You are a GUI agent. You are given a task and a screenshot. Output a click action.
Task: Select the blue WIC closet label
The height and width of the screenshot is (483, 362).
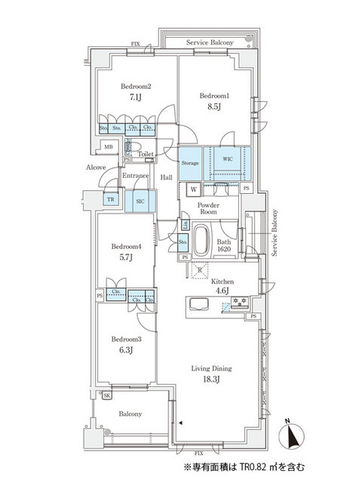coord(227,159)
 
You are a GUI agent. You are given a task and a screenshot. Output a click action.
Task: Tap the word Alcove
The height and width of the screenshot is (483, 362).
coord(96,167)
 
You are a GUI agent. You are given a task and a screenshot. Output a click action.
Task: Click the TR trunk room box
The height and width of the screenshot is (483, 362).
coord(111,199)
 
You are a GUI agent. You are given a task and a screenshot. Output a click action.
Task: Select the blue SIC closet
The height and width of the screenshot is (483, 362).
coord(140,201)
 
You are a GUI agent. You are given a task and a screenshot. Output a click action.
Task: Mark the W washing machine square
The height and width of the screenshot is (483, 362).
coord(195,189)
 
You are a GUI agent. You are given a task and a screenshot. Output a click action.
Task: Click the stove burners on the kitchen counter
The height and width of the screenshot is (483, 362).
coord(240,303)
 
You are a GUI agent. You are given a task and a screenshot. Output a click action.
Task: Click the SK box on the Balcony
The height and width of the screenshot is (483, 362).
coord(106,395)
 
